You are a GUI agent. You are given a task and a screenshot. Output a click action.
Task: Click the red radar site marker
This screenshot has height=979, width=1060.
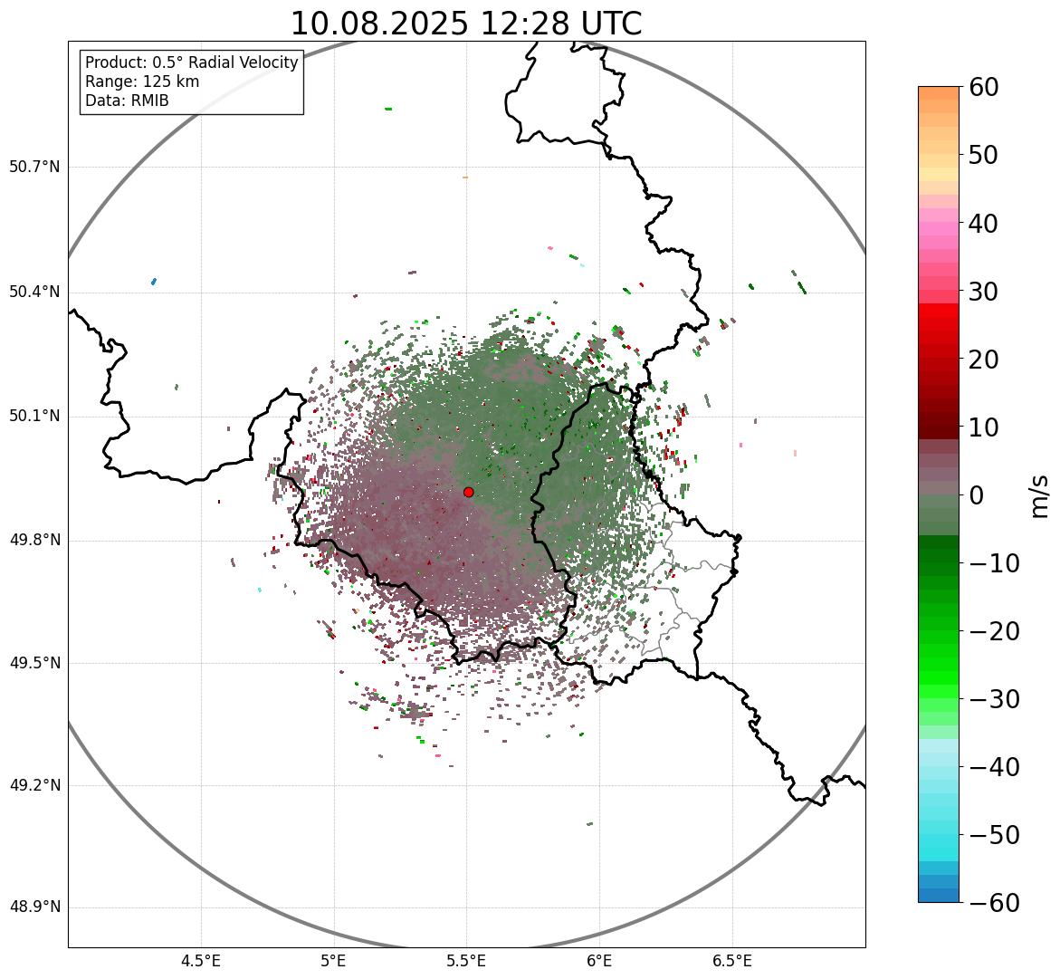pos(468,492)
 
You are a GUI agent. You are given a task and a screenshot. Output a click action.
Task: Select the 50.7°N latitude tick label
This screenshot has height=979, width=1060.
pos(34,167)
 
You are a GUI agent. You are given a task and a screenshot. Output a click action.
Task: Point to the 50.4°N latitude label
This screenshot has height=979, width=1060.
pos(34,292)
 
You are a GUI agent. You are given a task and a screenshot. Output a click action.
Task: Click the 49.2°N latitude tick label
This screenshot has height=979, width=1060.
pos(34,785)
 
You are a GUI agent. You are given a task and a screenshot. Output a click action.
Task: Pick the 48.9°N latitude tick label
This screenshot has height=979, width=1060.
pos(34,907)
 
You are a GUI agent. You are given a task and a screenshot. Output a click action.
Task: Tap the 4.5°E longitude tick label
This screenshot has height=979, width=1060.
pos(201,961)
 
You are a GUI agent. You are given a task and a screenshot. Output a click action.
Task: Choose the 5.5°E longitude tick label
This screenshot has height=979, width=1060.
pos(467,961)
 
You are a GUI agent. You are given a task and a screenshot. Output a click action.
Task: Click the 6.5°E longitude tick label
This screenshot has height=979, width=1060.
pos(732,961)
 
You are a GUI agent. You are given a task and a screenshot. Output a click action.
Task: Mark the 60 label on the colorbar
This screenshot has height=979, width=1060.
pos(984,87)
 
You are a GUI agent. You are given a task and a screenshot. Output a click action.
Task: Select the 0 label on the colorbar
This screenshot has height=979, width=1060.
pos(977,495)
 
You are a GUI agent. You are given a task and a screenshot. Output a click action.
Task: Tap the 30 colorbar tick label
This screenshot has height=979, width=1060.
pos(984,292)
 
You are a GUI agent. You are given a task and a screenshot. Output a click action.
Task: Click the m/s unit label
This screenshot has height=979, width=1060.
pos(1039,494)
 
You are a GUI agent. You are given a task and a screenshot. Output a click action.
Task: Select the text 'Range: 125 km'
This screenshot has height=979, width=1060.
pos(142,82)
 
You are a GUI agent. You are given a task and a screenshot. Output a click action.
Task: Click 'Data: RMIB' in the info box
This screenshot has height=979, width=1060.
pos(127,101)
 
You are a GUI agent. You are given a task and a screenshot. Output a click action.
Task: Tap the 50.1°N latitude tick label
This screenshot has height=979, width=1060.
pos(34,417)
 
